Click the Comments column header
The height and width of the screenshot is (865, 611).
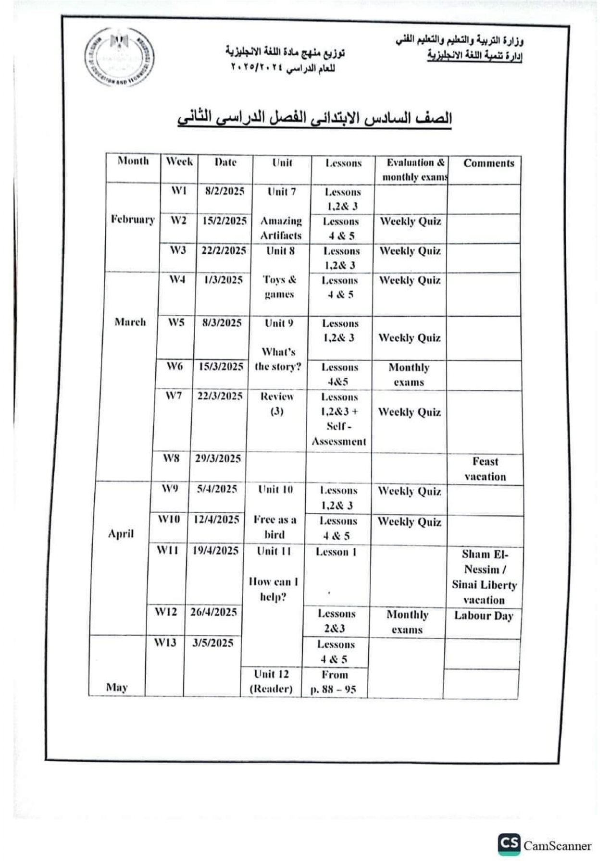click(x=488, y=163)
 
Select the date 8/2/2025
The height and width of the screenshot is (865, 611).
click(x=224, y=191)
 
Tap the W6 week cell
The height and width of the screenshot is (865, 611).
click(x=175, y=367)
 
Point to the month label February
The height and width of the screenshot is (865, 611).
click(x=133, y=220)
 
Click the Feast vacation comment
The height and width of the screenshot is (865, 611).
click(x=485, y=469)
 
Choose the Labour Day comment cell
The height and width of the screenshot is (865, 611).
click(x=484, y=616)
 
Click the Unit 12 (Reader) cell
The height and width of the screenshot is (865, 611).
click(x=271, y=681)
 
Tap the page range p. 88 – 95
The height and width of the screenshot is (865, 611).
click(x=334, y=682)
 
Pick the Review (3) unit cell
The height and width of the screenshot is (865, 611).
click(x=277, y=404)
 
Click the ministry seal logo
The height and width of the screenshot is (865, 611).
click(x=120, y=60)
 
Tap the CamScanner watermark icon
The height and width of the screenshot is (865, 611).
click(x=509, y=845)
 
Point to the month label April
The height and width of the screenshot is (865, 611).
click(x=121, y=534)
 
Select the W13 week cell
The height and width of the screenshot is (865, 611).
click(x=165, y=643)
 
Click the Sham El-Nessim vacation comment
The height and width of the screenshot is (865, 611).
click(x=484, y=577)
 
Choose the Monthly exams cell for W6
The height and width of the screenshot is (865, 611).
click(x=409, y=375)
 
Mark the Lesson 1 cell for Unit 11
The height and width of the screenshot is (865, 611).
click(x=336, y=552)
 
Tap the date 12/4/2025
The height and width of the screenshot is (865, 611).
click(x=216, y=519)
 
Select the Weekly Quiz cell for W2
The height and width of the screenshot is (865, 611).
click(x=410, y=222)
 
